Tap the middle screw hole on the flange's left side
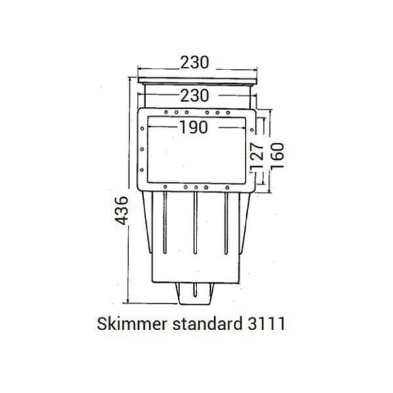click(141, 150)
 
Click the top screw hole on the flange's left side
click(141, 131)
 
